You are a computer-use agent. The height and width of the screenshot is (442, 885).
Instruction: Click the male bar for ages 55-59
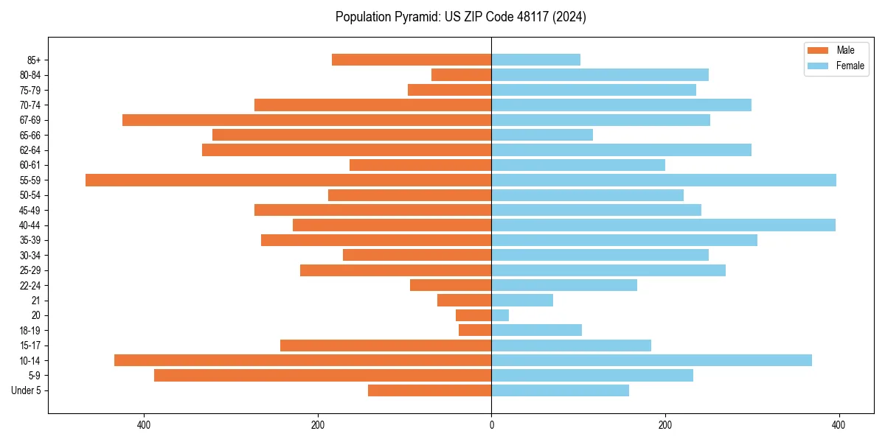288,180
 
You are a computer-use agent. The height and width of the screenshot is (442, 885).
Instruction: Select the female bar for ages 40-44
663,225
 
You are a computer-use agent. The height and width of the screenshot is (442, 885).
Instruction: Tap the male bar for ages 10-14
302,360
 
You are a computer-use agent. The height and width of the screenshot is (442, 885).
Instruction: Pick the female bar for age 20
500,315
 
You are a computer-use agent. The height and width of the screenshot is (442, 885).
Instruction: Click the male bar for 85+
412,60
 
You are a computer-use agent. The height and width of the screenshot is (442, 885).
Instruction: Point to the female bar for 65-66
542,135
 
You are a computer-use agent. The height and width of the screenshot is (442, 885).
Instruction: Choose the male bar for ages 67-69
307,120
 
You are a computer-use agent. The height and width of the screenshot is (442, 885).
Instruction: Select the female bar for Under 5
560,390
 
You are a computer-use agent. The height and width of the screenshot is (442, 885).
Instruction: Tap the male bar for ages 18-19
475,330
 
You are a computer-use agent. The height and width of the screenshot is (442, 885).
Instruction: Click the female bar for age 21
522,301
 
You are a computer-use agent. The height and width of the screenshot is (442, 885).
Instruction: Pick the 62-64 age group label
30,150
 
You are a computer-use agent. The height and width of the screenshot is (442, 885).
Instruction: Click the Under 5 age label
26,390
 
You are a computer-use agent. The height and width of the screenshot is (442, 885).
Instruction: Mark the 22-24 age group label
30,286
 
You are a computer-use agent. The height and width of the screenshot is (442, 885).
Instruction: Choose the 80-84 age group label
30,75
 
